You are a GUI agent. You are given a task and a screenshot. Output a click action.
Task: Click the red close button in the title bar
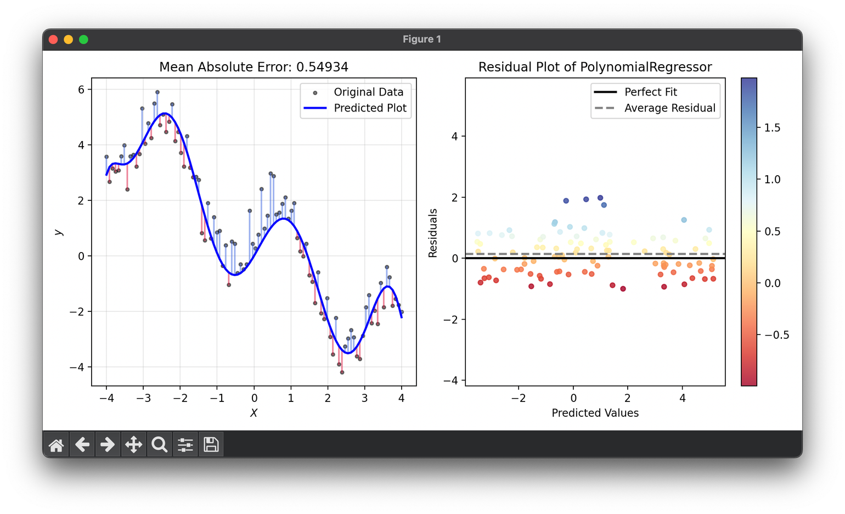pyautogui.click(x=53, y=40)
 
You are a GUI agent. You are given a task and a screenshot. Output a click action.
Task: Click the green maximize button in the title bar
pyautogui.click(x=83, y=40)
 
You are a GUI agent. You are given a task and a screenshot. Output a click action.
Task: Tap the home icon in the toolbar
pyautogui.click(x=56, y=444)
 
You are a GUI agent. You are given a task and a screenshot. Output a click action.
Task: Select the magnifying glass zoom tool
pyautogui.click(x=159, y=444)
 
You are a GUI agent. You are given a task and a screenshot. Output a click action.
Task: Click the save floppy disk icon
pyautogui.click(x=211, y=444)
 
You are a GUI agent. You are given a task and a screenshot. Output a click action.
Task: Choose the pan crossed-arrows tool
pyautogui.click(x=133, y=444)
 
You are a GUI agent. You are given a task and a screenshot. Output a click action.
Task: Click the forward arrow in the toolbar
pyautogui.click(x=108, y=444)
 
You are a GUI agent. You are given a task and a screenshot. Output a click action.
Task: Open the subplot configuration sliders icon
pyautogui.click(x=185, y=444)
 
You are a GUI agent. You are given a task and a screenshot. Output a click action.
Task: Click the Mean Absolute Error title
pyautogui.click(x=253, y=67)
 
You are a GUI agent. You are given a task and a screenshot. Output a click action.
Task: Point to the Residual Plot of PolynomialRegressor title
pyautogui.click(x=595, y=67)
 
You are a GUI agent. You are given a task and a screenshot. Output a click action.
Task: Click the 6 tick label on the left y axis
pyautogui.click(x=81, y=90)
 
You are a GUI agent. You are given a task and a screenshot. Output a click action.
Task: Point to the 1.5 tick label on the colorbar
pyautogui.click(x=772, y=128)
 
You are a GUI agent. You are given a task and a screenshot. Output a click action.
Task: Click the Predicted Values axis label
pyautogui.click(x=595, y=413)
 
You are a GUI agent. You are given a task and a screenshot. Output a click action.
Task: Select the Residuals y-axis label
pyautogui.click(x=433, y=233)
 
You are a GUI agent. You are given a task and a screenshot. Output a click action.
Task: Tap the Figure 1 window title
pyautogui.click(x=422, y=40)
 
